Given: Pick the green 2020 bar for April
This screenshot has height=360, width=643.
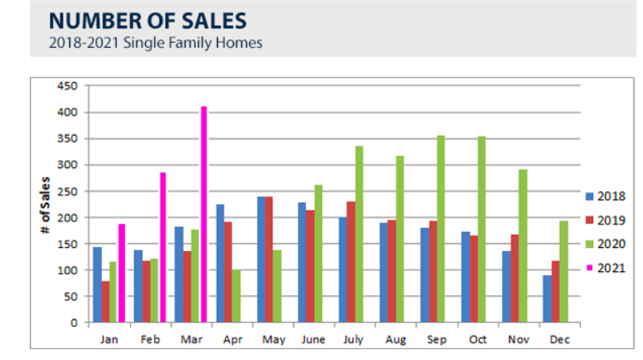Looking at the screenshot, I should tap(237, 296).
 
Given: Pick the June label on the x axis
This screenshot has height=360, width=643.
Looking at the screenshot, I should tap(314, 340).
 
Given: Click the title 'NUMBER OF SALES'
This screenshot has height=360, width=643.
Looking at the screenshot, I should tap(146, 18).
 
